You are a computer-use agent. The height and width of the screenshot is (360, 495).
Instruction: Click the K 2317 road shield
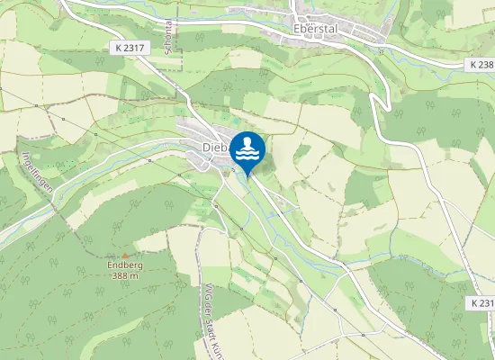click(x=130, y=47)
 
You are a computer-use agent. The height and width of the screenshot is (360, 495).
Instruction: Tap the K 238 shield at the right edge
click(x=481, y=66)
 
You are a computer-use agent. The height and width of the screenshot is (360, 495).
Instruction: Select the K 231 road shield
click(x=481, y=304)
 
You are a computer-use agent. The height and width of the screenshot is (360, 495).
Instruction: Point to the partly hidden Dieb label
click(x=213, y=147)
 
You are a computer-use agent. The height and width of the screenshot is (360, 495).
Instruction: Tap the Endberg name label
click(x=124, y=265)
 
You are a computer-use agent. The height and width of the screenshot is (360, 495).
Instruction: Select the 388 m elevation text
click(x=124, y=276)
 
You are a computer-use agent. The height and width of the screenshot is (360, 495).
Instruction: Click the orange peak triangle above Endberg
click(x=124, y=255)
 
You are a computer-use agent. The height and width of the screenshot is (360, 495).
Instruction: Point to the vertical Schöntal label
click(x=168, y=40)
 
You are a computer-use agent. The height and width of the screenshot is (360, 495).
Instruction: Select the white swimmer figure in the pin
click(x=247, y=142)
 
